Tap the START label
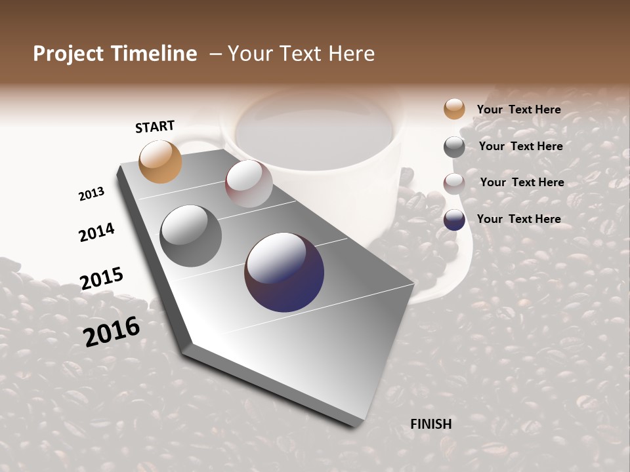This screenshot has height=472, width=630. click(x=155, y=126)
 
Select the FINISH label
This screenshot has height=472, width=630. click(x=431, y=424)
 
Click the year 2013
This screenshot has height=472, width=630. click(x=91, y=194)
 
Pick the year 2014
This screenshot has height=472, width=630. click(x=96, y=232)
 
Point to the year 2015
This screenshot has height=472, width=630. click(x=102, y=279)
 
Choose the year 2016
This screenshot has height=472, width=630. click(x=112, y=331)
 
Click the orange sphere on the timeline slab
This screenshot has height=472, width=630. click(x=161, y=161)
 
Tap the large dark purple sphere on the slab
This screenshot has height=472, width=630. click(x=284, y=272)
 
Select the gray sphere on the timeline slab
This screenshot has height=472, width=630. click(x=191, y=236)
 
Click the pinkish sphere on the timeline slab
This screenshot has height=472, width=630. click(x=249, y=184)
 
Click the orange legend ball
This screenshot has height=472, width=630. click(x=454, y=109)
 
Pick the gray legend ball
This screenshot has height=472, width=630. click(x=454, y=147)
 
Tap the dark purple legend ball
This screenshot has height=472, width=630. click(x=454, y=220)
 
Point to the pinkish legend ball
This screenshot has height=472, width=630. click(x=454, y=184)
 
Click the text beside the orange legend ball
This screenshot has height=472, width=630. click(x=519, y=109)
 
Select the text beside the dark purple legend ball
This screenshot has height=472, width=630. click(x=519, y=219)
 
